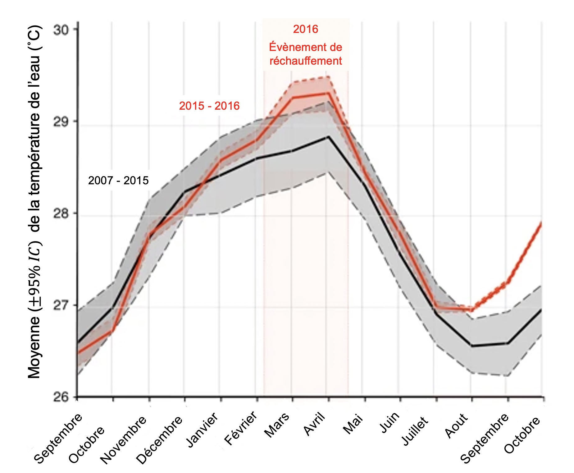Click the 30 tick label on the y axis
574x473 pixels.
(x=61, y=30)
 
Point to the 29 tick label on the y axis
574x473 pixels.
(x=61, y=122)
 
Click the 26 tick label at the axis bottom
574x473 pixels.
(x=61, y=397)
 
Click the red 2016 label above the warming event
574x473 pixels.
(x=306, y=29)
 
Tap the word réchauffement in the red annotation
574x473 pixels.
(x=306, y=61)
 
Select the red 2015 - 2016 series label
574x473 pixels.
(x=209, y=106)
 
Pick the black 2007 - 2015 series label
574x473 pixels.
(x=118, y=181)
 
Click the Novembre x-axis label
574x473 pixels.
(x=124, y=439)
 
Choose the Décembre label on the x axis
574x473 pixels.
(x=159, y=439)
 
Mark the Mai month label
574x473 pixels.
(x=353, y=423)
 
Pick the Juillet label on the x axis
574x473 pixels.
(x=415, y=430)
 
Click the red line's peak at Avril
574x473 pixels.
(x=328, y=93)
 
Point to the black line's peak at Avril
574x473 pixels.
(x=328, y=137)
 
